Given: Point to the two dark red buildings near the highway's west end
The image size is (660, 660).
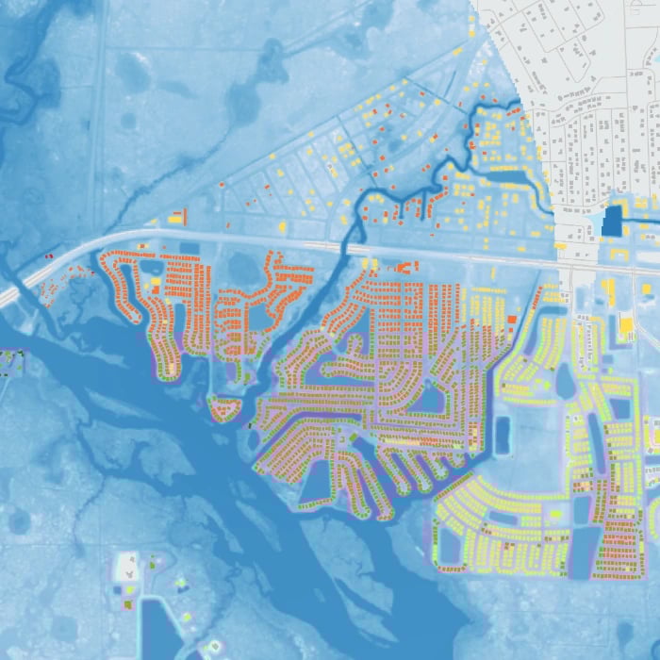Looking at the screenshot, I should coord(49,256).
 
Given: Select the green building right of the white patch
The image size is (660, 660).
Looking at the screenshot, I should coord(151,563).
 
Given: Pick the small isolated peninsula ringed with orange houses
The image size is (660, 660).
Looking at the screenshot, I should coord(223,408).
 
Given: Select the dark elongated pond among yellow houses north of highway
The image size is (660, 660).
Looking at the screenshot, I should coord(510,176).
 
